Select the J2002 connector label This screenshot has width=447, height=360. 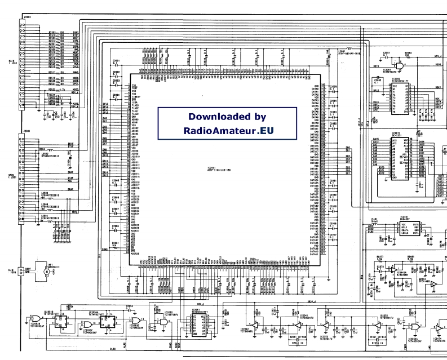tap(26, 19)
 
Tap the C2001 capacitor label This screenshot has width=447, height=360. tap(116, 60)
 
